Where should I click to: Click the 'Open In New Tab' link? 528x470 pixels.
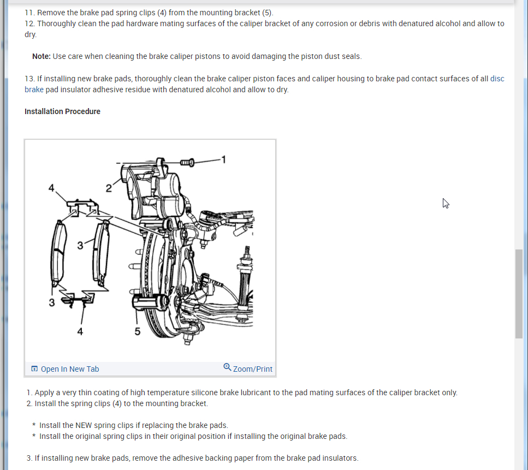(x=69, y=369)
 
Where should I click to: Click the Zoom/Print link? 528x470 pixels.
(x=252, y=369)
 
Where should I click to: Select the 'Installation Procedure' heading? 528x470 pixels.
(x=62, y=111)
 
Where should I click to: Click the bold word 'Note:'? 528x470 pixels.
(x=41, y=56)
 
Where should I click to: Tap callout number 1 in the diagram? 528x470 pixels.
(x=223, y=159)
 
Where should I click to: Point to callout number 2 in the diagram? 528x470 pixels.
(x=109, y=188)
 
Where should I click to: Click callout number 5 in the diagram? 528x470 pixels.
(x=138, y=331)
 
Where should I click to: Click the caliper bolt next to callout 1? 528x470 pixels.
(x=187, y=162)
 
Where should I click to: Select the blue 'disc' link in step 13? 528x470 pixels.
(x=497, y=79)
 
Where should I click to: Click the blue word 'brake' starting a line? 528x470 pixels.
(x=34, y=90)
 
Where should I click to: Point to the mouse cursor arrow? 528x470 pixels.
(x=446, y=203)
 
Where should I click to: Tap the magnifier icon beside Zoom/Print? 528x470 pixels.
(x=228, y=367)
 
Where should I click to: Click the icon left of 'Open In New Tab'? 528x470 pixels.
(x=34, y=369)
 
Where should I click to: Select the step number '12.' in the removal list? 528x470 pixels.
(x=29, y=23)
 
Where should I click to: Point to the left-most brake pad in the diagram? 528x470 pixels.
(x=58, y=253)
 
